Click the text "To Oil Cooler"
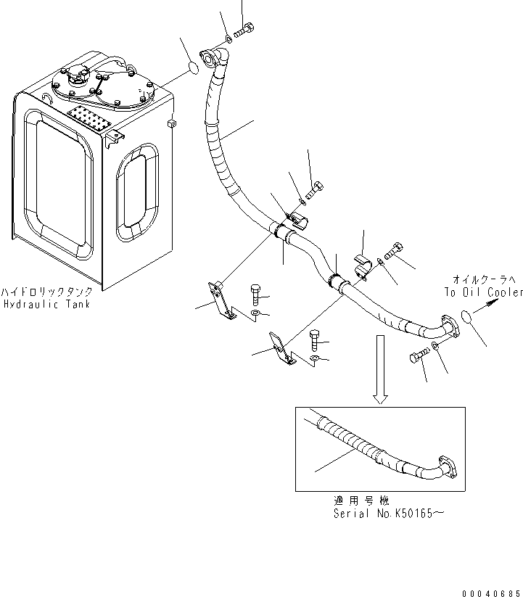[484, 292]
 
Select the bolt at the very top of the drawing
[243, 30]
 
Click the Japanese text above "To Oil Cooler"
[482, 280]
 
